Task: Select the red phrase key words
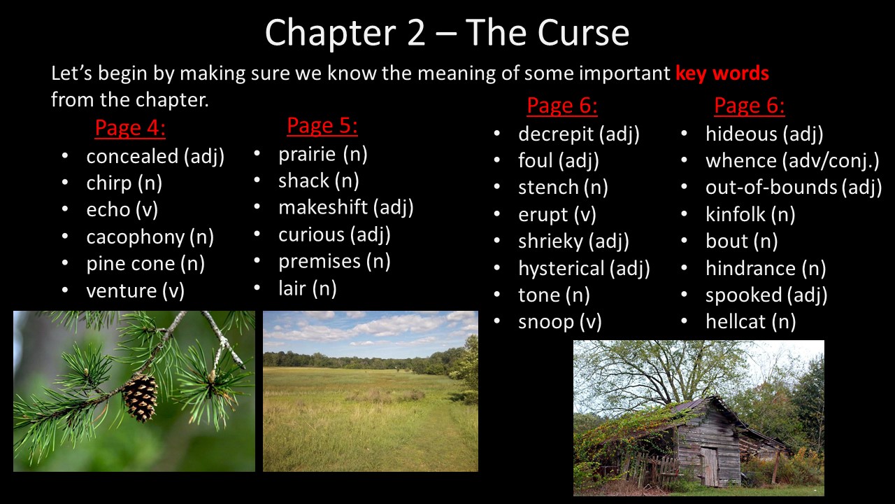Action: click(722, 73)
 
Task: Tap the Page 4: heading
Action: click(130, 128)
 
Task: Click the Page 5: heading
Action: click(322, 125)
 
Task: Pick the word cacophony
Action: click(136, 237)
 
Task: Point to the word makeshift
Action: click(323, 207)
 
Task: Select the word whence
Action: click(741, 161)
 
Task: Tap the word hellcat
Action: click(736, 321)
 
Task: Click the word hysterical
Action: click(561, 268)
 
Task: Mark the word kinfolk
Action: click(735, 214)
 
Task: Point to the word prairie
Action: click(307, 155)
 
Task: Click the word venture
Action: click(122, 290)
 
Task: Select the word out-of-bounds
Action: click(771, 188)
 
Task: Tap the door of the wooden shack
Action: click(710, 466)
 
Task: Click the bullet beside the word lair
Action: click(257, 288)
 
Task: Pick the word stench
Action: click(548, 188)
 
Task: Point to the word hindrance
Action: click(750, 268)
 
